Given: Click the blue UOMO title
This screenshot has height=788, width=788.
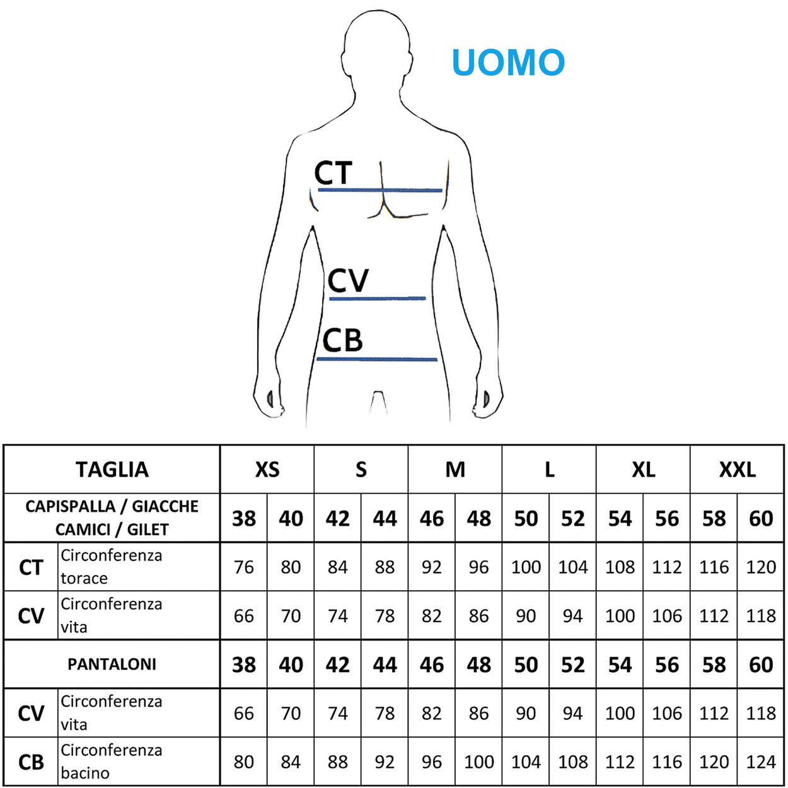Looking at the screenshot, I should pyautogui.click(x=507, y=62).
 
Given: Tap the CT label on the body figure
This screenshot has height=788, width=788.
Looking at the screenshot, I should pyautogui.click(x=333, y=173).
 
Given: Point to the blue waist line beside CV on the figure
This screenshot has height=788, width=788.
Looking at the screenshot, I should pyautogui.click(x=377, y=298).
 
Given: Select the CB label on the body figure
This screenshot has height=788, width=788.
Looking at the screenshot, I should pyautogui.click(x=342, y=340).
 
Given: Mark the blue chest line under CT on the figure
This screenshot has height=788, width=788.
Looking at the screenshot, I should pyautogui.click(x=380, y=190).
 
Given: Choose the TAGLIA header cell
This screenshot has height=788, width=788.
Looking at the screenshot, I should pyautogui.click(x=112, y=470).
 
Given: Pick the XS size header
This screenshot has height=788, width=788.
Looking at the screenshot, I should pyautogui.click(x=267, y=470).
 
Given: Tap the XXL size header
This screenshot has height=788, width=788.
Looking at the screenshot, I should pyautogui.click(x=737, y=470).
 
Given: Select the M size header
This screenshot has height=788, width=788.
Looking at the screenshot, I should pyautogui.click(x=455, y=470).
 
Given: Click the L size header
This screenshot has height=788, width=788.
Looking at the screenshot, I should pyautogui.click(x=549, y=470).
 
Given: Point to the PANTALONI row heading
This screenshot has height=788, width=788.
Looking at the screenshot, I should pyautogui.click(x=112, y=664).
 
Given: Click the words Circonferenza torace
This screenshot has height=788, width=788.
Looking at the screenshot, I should pyautogui.click(x=111, y=567).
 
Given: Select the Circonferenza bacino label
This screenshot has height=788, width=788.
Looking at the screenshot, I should pyautogui.click(x=111, y=762).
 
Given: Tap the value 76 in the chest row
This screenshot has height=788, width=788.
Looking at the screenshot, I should pyautogui.click(x=244, y=567).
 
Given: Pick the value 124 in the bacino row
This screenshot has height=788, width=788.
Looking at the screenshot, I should pyautogui.click(x=761, y=762).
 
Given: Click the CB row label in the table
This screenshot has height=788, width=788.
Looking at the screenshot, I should pyautogui.click(x=31, y=762).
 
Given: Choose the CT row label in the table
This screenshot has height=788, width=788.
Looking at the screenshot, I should pyautogui.click(x=31, y=567).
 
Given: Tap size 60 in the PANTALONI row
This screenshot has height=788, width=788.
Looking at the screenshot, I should pyautogui.click(x=761, y=665).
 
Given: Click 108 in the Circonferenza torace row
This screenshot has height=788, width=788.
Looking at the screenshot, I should pyautogui.click(x=620, y=567).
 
